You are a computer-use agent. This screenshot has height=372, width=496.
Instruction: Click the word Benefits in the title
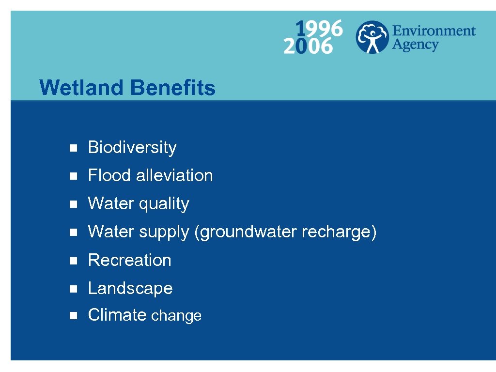[172, 88]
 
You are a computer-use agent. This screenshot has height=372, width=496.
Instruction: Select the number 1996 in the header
[319, 29]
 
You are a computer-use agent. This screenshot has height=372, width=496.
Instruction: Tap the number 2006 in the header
[308, 46]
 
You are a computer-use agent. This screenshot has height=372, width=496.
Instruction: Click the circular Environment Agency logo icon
[372, 37]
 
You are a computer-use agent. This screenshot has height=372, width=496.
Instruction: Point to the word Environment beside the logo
[434, 31]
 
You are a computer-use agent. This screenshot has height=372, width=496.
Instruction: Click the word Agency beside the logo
[415, 45]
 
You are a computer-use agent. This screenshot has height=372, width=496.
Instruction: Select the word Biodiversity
[132, 147]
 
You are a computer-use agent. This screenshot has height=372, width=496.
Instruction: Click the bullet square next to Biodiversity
[73, 148]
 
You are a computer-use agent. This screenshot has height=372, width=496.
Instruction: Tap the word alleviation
[174, 175]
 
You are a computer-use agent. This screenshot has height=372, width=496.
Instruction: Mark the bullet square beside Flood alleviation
[73, 176]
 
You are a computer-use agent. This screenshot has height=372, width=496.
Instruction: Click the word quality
[164, 204]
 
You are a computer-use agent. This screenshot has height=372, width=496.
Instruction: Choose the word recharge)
[339, 232]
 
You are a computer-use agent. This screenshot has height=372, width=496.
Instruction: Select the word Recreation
[129, 260]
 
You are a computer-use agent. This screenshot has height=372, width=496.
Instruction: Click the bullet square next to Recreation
[73, 261]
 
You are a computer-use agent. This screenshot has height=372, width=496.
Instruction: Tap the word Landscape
[130, 288]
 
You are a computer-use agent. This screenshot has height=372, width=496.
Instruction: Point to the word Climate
[117, 315]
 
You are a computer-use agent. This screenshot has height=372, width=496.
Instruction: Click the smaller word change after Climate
[176, 316]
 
